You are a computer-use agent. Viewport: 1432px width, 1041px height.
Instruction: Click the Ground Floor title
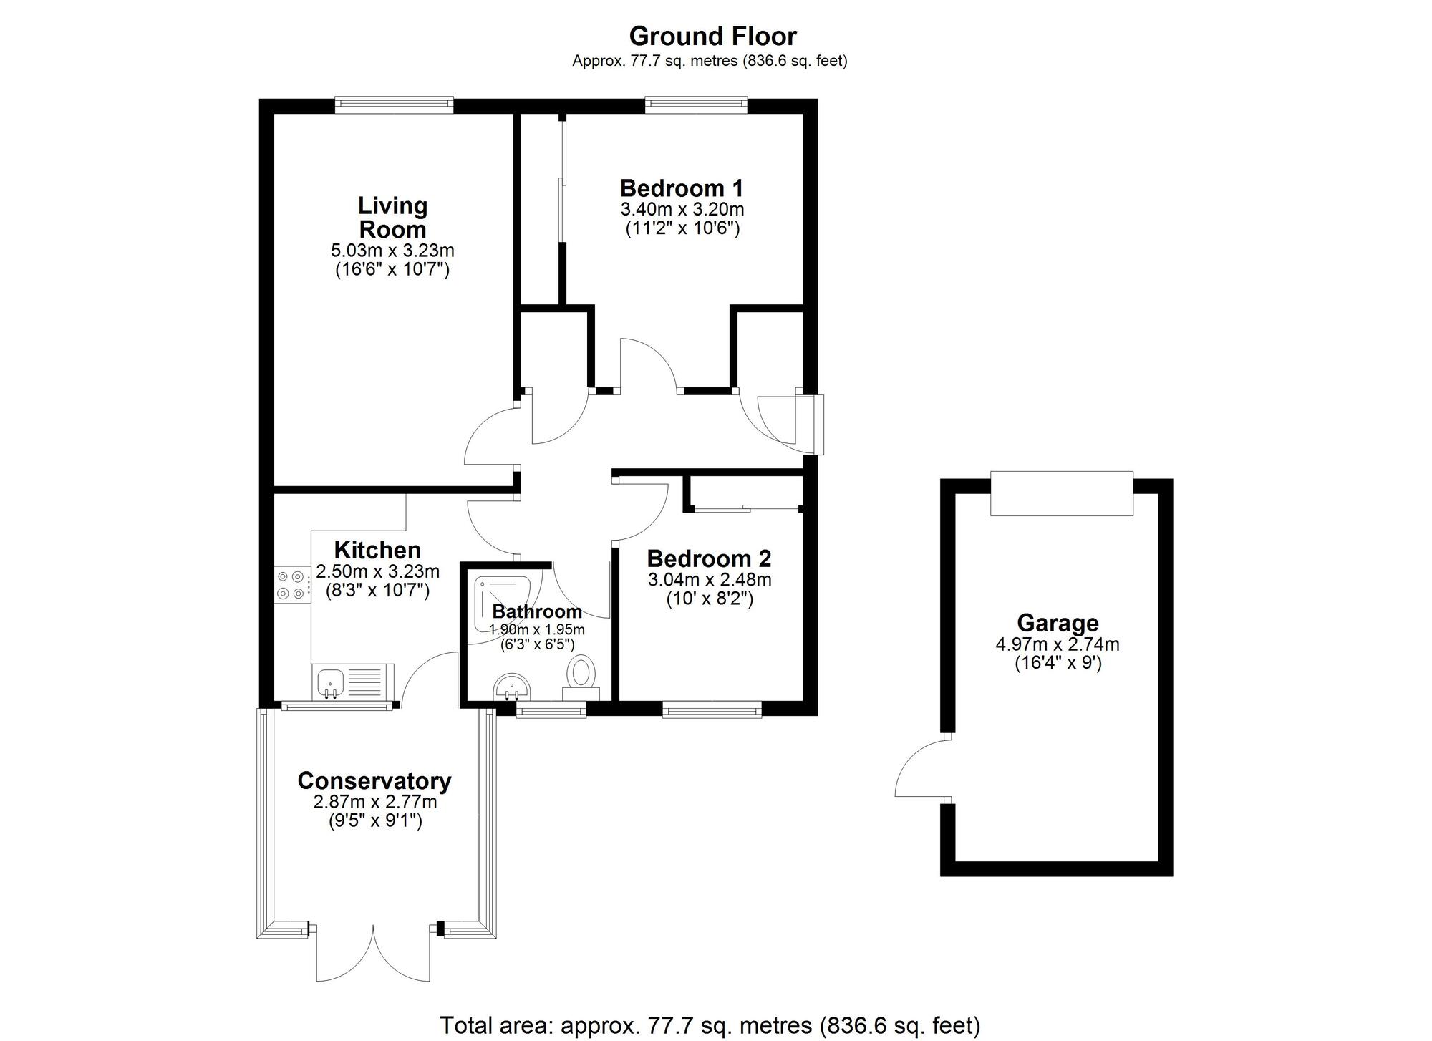pyautogui.click(x=712, y=36)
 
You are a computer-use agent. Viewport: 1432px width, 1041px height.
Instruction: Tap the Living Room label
pyautogui.click(x=392, y=218)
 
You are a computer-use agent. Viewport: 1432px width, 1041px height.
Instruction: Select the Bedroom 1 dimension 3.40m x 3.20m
pyautogui.click(x=682, y=210)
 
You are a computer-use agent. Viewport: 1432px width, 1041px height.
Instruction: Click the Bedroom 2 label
pyautogui.click(x=709, y=558)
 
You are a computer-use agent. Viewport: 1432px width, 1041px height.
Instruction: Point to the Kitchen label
pyautogui.click(x=377, y=550)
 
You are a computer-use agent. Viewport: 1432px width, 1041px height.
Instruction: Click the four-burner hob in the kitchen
pyautogui.click(x=291, y=584)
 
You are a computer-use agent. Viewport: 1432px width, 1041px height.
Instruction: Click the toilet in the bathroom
pyautogui.click(x=581, y=677)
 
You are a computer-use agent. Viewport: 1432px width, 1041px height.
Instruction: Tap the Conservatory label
pyautogui.click(x=374, y=780)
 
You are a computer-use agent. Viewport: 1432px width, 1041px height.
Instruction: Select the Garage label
pyautogui.click(x=1058, y=622)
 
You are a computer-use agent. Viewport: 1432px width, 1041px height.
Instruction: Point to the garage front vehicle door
pyautogui.click(x=1061, y=493)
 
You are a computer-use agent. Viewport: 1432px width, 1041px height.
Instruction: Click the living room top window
pyautogui.click(x=394, y=105)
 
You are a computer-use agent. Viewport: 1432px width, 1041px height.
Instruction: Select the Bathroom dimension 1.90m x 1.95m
pyautogui.click(x=536, y=630)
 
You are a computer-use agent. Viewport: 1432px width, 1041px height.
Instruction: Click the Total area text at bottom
pyautogui.click(x=710, y=1026)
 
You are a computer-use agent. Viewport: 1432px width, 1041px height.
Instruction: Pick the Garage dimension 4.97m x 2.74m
pyautogui.click(x=1058, y=644)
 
